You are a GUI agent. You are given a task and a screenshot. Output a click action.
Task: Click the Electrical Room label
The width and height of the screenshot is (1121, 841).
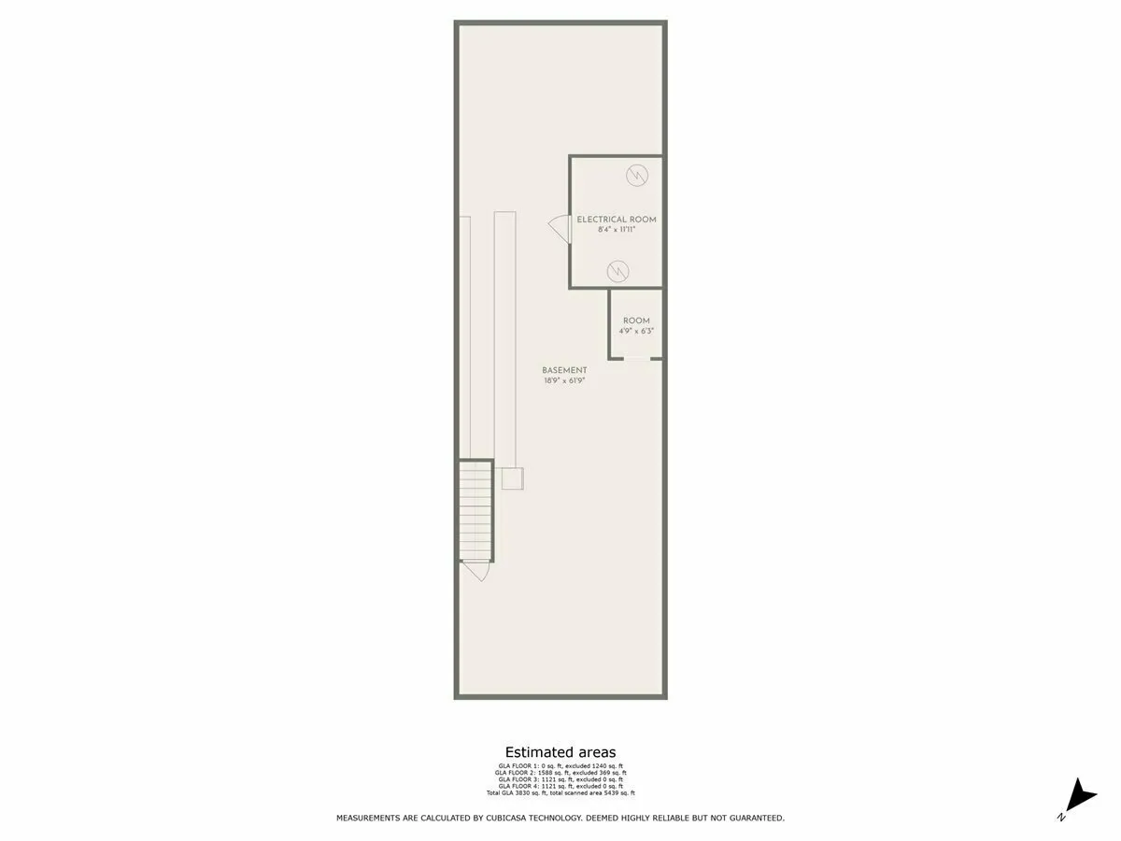(x=616, y=220)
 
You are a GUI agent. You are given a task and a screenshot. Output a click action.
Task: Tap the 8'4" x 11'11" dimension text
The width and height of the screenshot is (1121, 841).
(x=616, y=229)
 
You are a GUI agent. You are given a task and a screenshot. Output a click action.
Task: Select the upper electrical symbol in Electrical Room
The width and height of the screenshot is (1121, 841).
(x=637, y=175)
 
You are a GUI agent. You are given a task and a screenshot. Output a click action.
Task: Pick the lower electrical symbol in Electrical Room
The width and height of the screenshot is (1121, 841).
(x=617, y=271)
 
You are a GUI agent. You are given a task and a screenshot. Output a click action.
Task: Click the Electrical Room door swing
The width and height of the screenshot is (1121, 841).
(x=559, y=227)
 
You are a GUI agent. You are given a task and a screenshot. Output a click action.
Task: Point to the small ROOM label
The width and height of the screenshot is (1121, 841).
(x=636, y=321)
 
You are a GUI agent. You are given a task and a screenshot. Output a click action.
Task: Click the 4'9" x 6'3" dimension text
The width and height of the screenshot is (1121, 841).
(x=636, y=331)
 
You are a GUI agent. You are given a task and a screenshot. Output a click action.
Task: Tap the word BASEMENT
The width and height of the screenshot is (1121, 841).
(x=564, y=370)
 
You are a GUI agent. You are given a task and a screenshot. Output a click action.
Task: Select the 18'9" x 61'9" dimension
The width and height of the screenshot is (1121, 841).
(x=564, y=380)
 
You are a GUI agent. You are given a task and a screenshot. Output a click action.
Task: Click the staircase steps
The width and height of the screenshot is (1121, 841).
(x=475, y=509)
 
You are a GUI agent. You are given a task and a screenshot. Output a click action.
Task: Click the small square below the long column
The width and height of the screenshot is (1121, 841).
(x=512, y=478)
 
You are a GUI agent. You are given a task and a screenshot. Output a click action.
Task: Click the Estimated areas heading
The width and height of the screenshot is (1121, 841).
(x=560, y=752)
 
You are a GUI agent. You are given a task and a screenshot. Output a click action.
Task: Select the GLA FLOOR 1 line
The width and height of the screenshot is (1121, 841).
(x=560, y=766)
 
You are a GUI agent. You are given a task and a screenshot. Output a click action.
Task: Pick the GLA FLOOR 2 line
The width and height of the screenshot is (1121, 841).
(x=560, y=773)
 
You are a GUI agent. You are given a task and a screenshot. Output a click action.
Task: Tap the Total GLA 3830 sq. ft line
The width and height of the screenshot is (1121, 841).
(x=560, y=793)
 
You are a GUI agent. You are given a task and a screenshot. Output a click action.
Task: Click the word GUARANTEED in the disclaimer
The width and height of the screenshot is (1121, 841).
(x=752, y=818)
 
